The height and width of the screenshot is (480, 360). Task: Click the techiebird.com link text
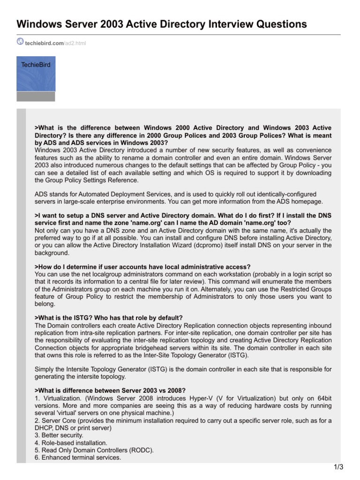[44, 43]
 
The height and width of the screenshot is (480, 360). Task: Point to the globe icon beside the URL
[20, 42]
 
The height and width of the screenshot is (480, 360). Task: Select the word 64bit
[322, 399]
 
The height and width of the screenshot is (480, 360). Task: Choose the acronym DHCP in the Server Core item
[44, 428]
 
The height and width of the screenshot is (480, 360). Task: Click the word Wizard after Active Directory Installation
[175, 246]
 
